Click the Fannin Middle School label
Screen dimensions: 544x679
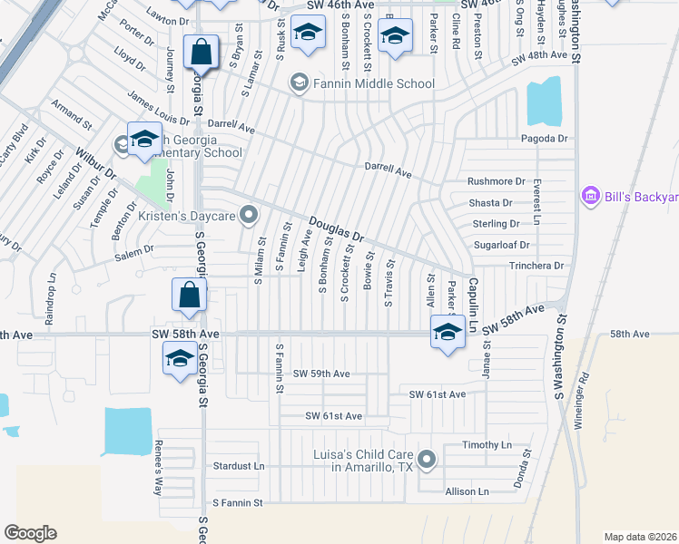[x=373, y=84]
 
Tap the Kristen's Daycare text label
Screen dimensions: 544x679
[x=187, y=216]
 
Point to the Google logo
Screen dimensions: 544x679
[x=30, y=533]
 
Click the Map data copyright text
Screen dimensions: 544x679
[x=639, y=536]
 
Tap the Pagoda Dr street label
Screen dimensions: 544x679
[x=544, y=139]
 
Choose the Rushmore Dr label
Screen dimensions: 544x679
[x=496, y=181]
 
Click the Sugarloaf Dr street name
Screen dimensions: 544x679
[x=500, y=245]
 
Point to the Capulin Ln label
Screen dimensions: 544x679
[x=473, y=296]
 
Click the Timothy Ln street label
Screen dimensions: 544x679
[x=487, y=445]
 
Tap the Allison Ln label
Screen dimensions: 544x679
[x=467, y=491]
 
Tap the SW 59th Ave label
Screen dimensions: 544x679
[x=321, y=374]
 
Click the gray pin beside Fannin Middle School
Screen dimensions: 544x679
[x=298, y=83]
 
